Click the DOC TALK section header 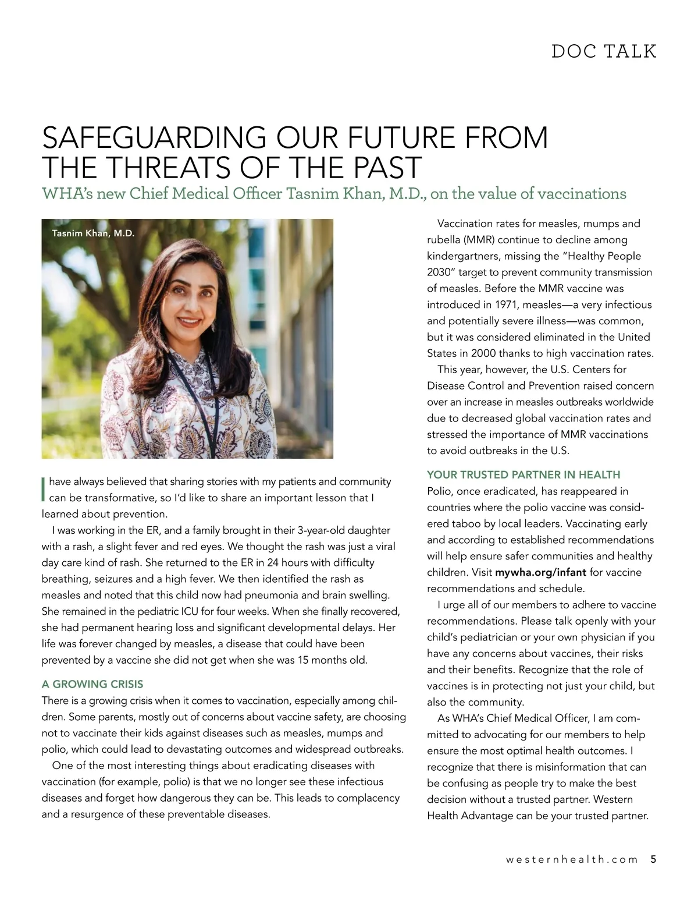point(604,51)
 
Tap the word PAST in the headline point(384,167)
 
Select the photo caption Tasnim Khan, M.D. point(93,233)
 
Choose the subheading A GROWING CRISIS point(92,683)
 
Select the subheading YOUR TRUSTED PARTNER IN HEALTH point(523,474)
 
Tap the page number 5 point(653,859)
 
